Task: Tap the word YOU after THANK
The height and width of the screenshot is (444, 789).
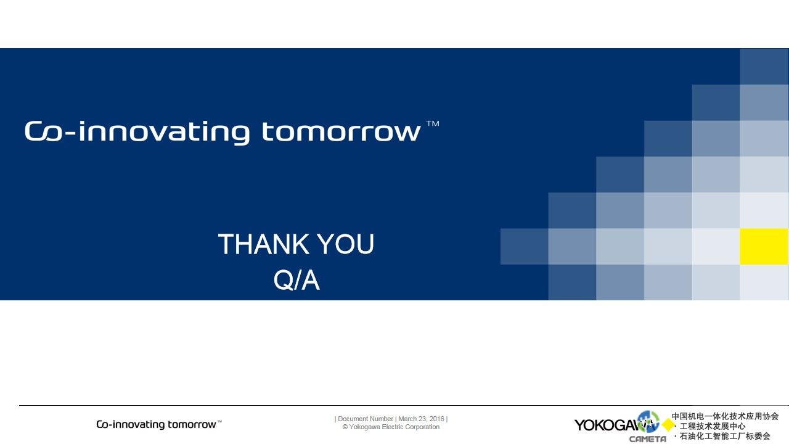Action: click(346, 244)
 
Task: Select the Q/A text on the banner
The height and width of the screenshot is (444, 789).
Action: click(296, 280)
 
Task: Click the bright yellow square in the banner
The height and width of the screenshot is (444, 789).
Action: click(764, 246)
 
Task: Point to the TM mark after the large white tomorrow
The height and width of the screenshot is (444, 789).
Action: click(433, 124)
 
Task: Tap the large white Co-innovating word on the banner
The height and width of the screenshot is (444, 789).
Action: click(137, 133)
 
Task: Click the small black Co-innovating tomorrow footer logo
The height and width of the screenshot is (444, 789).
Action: click(159, 424)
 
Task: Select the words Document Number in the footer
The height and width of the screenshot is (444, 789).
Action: click(366, 419)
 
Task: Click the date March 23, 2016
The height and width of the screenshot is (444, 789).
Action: click(421, 419)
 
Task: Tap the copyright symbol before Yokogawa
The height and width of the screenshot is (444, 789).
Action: click(345, 427)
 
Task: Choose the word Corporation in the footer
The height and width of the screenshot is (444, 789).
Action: click(423, 427)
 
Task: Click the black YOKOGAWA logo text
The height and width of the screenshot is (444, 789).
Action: click(615, 425)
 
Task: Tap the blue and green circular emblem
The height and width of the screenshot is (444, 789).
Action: click(648, 421)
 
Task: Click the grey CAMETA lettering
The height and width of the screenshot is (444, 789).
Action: click(647, 439)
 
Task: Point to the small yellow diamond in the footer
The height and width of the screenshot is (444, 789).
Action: click(668, 425)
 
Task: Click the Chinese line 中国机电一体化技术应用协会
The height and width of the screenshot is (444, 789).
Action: click(725, 416)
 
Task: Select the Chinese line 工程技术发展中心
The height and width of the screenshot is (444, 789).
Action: click(712, 426)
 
